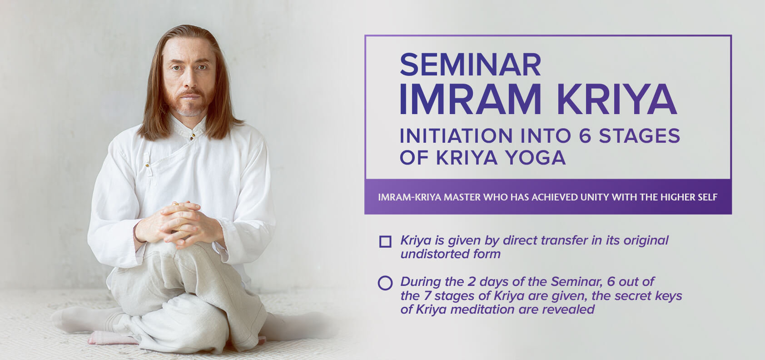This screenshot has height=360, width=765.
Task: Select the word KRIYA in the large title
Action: pyautogui.click(x=617, y=99)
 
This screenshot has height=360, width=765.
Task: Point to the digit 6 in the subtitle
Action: pyautogui.click(x=585, y=136)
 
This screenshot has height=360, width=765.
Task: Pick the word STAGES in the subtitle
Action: pyautogui.click(x=639, y=136)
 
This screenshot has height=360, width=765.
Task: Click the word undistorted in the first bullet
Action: pyautogui.click(x=434, y=254)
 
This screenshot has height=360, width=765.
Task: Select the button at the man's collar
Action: pyautogui.click(x=193, y=136)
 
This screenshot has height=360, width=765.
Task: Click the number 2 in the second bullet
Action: pyautogui.click(x=472, y=282)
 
